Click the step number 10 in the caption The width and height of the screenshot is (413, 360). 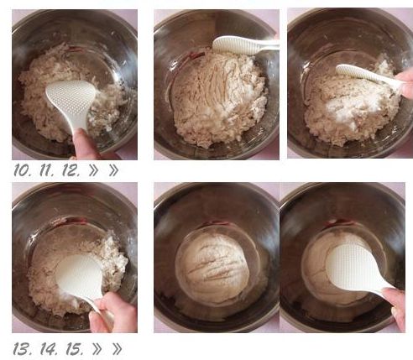[x=23, y=170]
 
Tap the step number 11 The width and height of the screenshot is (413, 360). [x=49, y=170]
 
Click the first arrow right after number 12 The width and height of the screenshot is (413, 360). [x=95, y=170]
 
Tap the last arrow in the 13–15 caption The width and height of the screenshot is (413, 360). [x=116, y=348]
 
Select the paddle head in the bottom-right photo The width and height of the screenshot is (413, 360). [x=353, y=268]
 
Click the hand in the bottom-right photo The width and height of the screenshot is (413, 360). [x=397, y=306]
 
